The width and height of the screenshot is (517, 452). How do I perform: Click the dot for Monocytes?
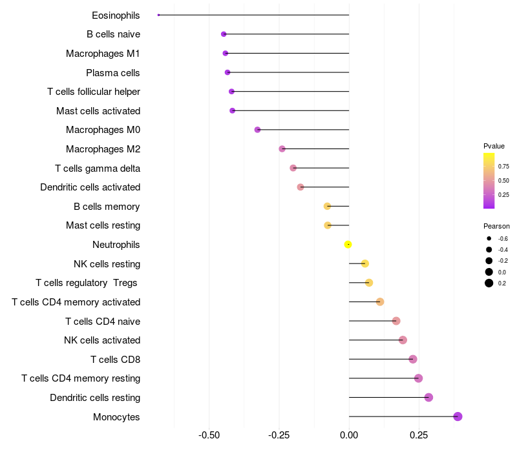coord(458,416)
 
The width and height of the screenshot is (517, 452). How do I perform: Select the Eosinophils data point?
coord(158,15)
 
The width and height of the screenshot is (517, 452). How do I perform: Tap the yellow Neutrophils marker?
coord(348,244)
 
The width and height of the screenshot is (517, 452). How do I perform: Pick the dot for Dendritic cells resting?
coord(428,397)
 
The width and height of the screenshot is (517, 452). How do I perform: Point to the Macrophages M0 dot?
coord(257,130)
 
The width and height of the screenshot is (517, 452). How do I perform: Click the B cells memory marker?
coord(327,206)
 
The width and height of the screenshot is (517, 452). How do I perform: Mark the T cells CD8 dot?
coord(413,359)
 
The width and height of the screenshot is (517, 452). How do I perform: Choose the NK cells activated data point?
coord(403,340)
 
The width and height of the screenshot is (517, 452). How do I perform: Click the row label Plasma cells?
coord(113,72)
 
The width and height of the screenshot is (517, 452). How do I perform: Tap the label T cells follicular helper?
coord(94,92)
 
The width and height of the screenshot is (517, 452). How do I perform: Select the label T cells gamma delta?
coord(98,168)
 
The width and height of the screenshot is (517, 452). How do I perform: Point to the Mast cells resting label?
coord(103,225)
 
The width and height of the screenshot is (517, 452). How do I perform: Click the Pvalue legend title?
coord(494,146)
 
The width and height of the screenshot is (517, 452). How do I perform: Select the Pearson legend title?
coord(496,226)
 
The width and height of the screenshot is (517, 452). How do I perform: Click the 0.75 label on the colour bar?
coord(503,166)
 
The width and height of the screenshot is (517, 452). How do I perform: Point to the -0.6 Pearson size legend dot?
coord(489,238)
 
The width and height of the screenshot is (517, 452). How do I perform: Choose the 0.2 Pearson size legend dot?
coord(489,283)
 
